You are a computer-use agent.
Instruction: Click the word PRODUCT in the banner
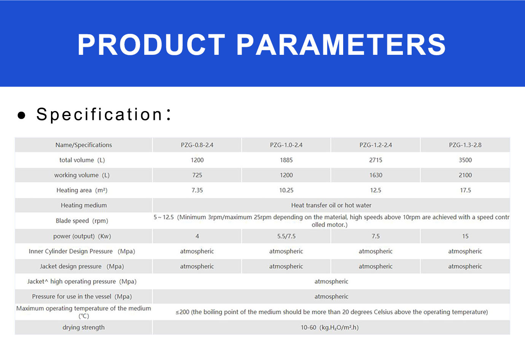tap(151, 45)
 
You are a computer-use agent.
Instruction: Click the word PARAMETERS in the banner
tap(341, 45)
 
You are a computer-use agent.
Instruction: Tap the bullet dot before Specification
tap(21, 115)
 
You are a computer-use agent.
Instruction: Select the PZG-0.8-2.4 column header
tap(197, 145)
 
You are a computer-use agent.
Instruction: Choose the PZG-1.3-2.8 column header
tap(465, 145)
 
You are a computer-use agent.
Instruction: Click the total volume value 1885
tap(286, 160)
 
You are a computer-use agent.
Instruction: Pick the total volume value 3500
tap(465, 160)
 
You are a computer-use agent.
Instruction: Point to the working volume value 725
tap(197, 175)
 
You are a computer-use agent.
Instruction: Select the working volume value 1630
tap(376, 175)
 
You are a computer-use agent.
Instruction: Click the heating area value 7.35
tap(197, 190)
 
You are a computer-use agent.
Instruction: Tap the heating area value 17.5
tap(465, 190)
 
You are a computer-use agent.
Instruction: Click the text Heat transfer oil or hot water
tap(331, 205)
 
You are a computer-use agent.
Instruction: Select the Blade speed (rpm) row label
tap(82, 221)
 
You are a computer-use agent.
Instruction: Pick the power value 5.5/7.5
tap(286, 236)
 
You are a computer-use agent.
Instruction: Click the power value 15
tap(465, 236)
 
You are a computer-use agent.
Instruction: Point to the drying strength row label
tap(83, 327)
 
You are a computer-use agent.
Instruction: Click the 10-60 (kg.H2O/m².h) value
tap(329, 327)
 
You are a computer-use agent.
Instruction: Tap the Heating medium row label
tap(84, 205)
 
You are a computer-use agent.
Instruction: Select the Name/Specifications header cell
tap(84, 145)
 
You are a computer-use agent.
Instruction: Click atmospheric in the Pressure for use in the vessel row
tap(331, 296)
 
